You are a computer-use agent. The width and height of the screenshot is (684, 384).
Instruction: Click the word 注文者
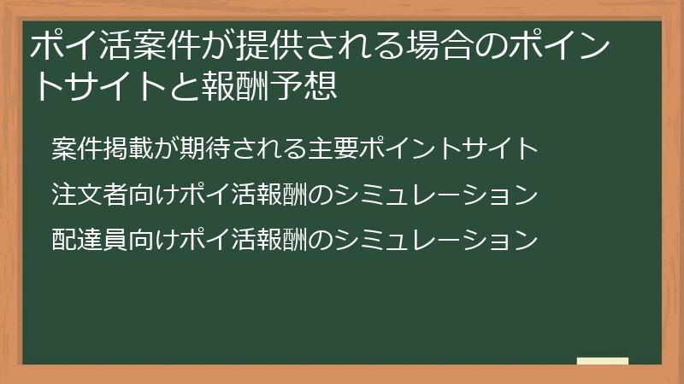(89, 195)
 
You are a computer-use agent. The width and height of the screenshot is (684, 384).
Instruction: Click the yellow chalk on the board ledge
(603, 361)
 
